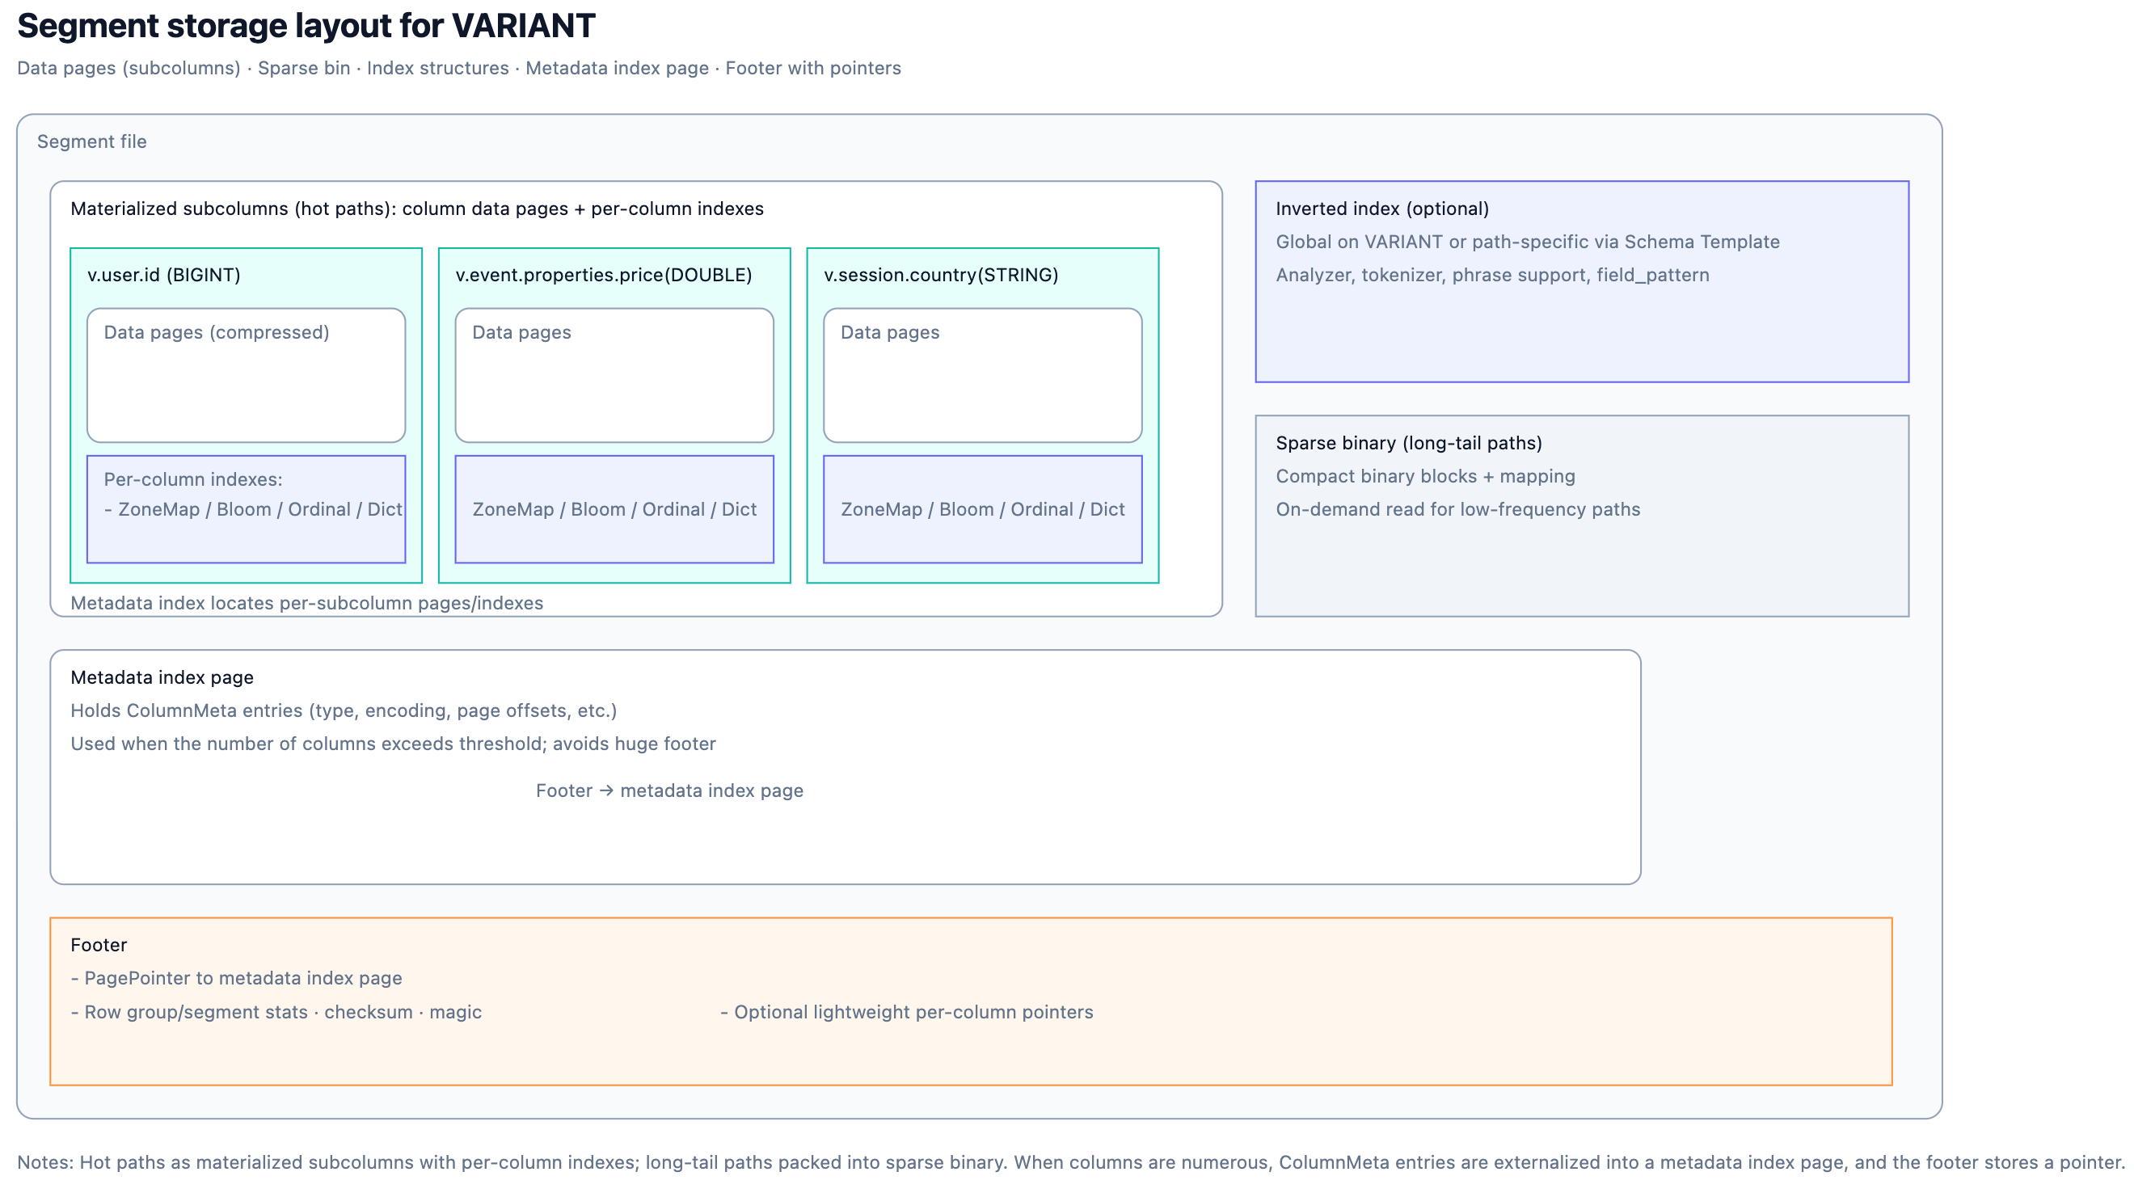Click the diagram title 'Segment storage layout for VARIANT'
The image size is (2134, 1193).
tap(306, 27)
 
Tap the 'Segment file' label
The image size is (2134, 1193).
tap(92, 141)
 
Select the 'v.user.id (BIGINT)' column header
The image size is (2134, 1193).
tap(164, 275)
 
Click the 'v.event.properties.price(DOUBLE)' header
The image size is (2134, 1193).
tap(604, 275)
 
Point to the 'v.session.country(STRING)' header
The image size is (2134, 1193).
tap(941, 275)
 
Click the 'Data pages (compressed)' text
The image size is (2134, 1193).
tap(216, 332)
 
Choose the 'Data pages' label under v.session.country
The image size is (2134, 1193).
tap(890, 332)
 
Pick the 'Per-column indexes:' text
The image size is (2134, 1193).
tap(193, 478)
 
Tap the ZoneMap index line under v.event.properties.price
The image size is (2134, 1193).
tap(614, 509)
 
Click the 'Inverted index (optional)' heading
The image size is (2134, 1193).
tap(1381, 209)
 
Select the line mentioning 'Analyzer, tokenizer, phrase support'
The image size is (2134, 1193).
tap(1492, 275)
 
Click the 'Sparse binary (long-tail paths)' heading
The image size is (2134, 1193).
tap(1408, 443)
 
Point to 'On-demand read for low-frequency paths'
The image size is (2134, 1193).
tap(1457, 509)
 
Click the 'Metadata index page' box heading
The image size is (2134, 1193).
tap(162, 677)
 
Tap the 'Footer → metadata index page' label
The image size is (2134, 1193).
tap(669, 790)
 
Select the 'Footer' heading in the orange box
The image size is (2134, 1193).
tap(99, 946)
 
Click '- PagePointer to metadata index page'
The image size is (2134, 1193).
tap(237, 979)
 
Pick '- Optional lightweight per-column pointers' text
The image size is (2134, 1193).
tap(907, 1013)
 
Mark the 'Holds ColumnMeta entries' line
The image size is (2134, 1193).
tap(344, 710)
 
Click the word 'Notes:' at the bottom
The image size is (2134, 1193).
tap(45, 1162)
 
